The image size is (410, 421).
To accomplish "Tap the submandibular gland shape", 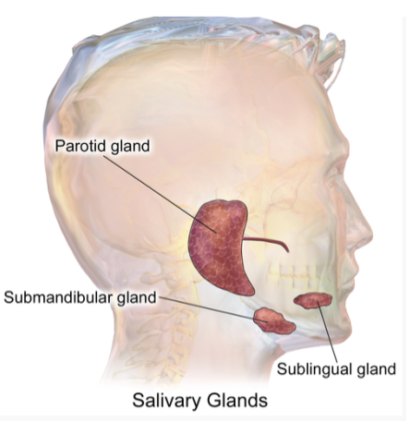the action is [274, 321].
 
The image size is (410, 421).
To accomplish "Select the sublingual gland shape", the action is [313, 301].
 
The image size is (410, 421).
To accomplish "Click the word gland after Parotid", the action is [130, 146].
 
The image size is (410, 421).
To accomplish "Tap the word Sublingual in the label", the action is [315, 368].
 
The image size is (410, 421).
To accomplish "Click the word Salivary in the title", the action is [167, 401].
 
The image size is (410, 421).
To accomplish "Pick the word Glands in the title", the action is [237, 401].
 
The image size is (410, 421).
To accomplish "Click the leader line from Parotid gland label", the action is [160, 194].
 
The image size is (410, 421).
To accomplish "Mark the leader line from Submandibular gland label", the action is [213, 309].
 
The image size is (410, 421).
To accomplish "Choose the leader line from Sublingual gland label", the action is [327, 332].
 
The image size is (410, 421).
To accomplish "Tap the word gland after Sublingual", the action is [376, 369].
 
